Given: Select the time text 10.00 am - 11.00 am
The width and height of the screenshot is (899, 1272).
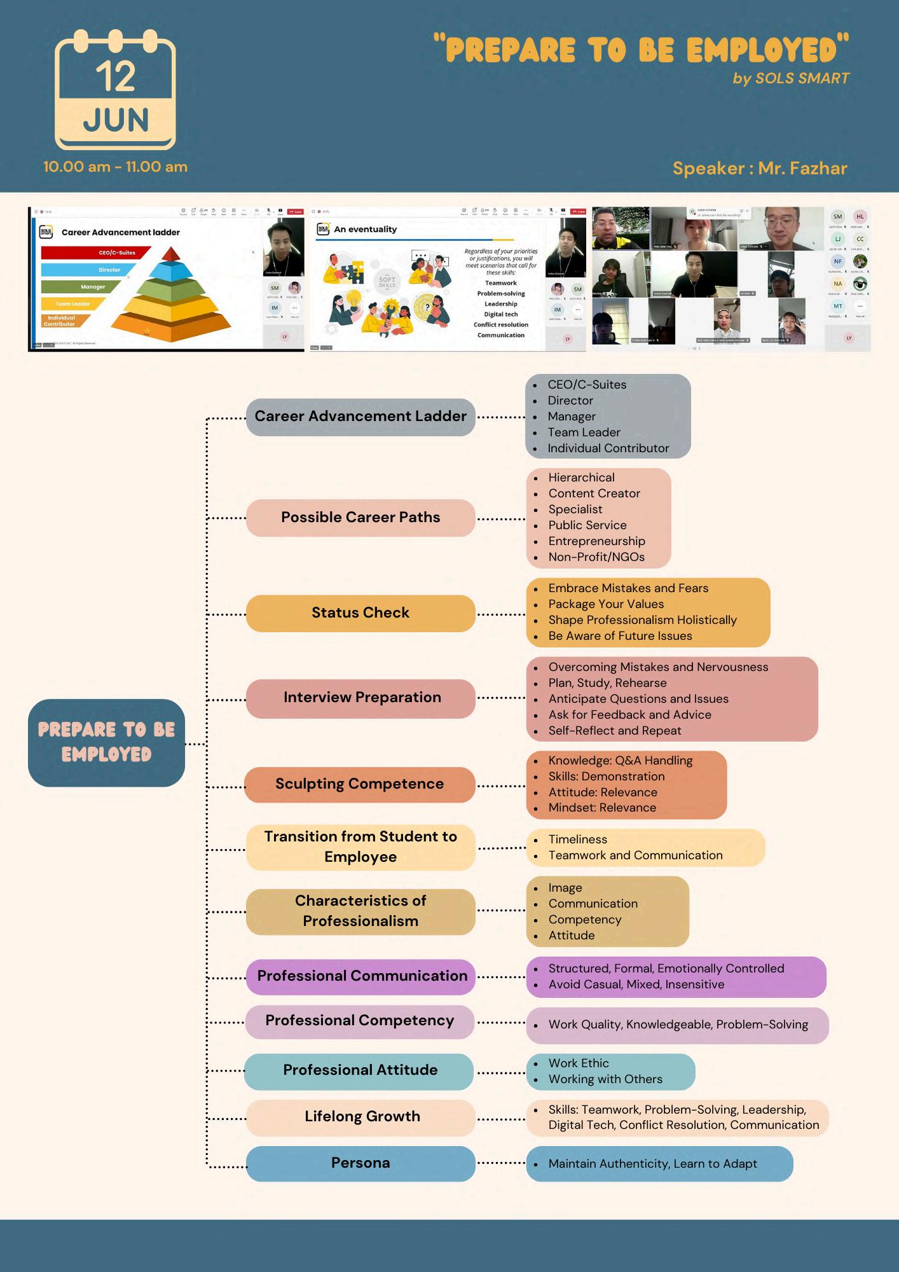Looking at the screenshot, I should (x=115, y=167).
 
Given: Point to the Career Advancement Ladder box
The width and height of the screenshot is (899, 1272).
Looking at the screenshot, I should (x=360, y=417).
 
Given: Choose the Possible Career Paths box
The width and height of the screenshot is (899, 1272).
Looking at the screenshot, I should (x=360, y=518).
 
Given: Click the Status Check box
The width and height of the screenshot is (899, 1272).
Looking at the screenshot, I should (x=360, y=613).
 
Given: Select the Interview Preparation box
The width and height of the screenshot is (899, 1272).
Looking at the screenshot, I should (x=360, y=698).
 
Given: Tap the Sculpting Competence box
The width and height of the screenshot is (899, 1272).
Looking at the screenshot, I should (x=360, y=784).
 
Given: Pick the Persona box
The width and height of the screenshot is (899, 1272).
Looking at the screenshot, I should (x=360, y=1163).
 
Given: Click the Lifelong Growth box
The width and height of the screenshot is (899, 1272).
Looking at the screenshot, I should (x=360, y=1117).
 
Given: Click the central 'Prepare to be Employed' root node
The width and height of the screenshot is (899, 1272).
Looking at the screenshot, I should (x=106, y=742).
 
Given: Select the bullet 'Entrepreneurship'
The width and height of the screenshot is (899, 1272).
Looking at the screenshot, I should (x=596, y=541).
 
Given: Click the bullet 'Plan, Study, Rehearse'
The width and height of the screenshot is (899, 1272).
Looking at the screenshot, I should (x=607, y=683).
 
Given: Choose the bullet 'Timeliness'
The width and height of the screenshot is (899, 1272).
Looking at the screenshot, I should (x=577, y=840).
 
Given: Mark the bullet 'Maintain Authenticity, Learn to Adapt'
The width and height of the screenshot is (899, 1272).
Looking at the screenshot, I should (x=652, y=1164).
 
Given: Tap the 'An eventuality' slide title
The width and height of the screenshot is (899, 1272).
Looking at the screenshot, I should (x=365, y=230).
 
